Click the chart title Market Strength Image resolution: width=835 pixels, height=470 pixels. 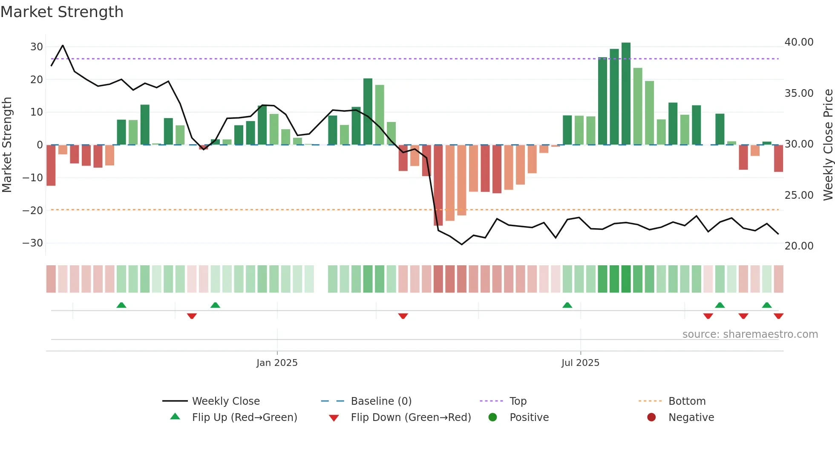click(62, 12)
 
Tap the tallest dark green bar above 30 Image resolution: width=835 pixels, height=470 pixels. click(626, 94)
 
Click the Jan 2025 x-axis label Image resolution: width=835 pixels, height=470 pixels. click(277, 363)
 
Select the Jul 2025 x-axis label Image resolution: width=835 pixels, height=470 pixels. click(580, 363)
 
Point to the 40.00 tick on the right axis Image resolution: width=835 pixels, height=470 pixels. click(799, 42)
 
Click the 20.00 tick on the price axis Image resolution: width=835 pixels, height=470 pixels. click(799, 246)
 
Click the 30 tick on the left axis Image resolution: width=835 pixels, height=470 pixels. click(37, 47)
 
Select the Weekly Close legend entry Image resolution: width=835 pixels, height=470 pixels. click(225, 401)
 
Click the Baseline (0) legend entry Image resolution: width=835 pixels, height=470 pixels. click(381, 401)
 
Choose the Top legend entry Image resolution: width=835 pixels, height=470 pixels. click(518, 401)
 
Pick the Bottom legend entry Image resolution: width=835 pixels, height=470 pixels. click(687, 401)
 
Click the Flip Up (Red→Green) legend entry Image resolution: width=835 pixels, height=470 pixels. click(244, 418)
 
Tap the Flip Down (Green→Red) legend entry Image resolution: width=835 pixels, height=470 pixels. click(411, 418)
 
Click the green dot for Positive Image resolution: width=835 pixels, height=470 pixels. click(493, 418)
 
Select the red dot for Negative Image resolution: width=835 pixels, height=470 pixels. click(651, 418)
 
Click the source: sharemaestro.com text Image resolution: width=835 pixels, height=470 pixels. click(750, 334)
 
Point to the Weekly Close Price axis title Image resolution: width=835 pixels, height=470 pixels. click(828, 145)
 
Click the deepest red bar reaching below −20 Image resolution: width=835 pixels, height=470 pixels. click(438, 186)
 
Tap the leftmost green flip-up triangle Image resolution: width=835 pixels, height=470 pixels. click(121, 305)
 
